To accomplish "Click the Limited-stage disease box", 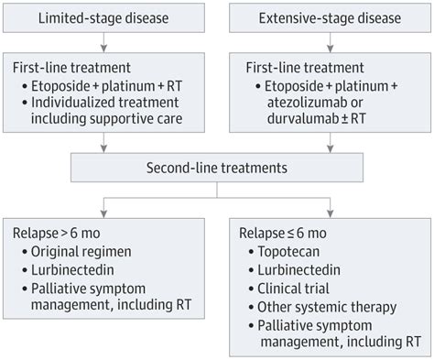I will point(107,18).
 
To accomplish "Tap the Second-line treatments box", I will point(216,168).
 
